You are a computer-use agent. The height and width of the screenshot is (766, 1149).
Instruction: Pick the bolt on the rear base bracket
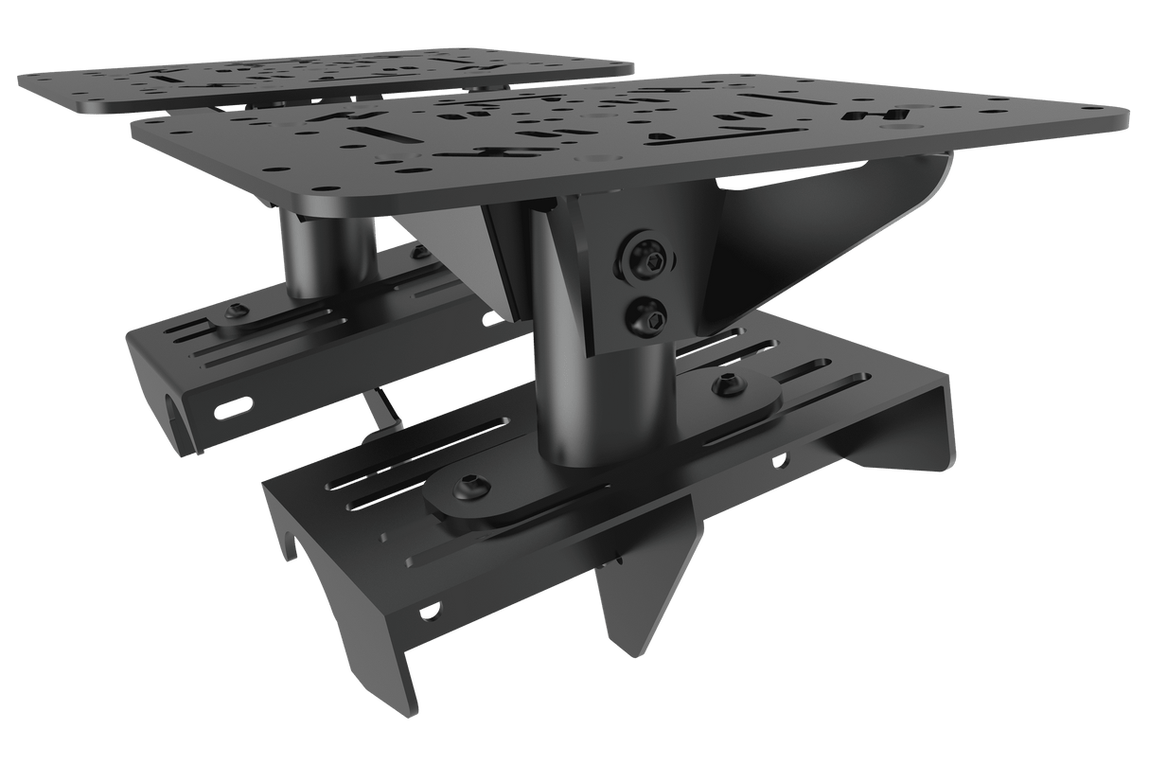(234, 312)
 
